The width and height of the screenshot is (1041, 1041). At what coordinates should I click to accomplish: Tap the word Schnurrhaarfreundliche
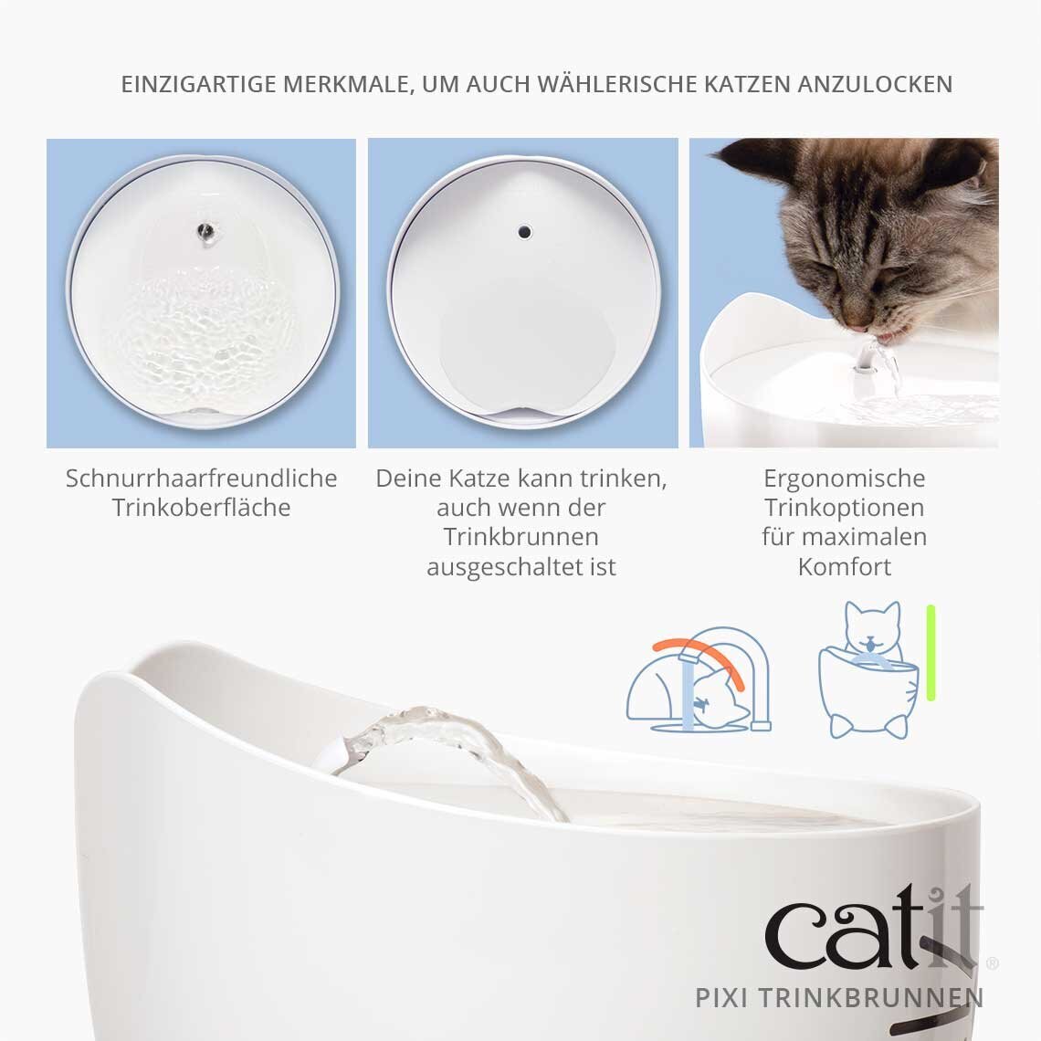(201, 478)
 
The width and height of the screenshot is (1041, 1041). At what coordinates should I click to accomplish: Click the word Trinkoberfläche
(201, 508)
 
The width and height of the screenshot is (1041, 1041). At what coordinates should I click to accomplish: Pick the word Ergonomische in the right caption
(845, 478)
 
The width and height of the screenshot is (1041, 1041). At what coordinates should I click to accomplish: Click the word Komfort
(845, 567)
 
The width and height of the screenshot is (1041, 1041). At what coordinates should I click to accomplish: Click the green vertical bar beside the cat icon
(931, 652)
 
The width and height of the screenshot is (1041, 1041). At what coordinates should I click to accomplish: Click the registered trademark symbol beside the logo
(993, 962)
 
